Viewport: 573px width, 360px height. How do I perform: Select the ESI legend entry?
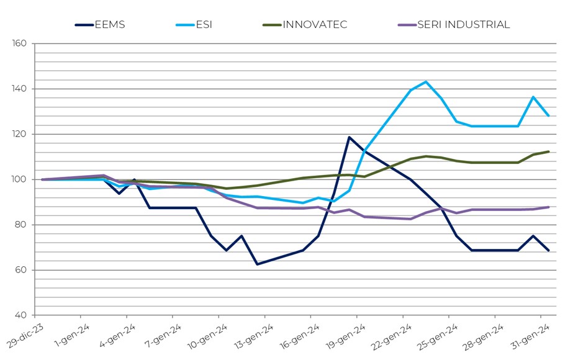[203, 25]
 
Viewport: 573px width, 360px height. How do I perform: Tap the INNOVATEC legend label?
[315, 25]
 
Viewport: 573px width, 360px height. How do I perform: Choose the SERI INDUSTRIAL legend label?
[463, 25]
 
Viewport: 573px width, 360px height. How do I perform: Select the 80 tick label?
[20, 225]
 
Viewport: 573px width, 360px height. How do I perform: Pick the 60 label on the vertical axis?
[20, 271]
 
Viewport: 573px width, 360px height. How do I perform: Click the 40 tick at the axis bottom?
[20, 316]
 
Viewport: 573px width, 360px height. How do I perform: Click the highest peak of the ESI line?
[426, 82]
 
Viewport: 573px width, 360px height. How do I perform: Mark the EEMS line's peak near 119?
[349, 137]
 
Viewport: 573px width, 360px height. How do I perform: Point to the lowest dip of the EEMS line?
[257, 264]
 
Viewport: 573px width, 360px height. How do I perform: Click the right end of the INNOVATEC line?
[548, 151]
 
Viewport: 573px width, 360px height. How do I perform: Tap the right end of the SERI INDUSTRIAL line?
[548, 207]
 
